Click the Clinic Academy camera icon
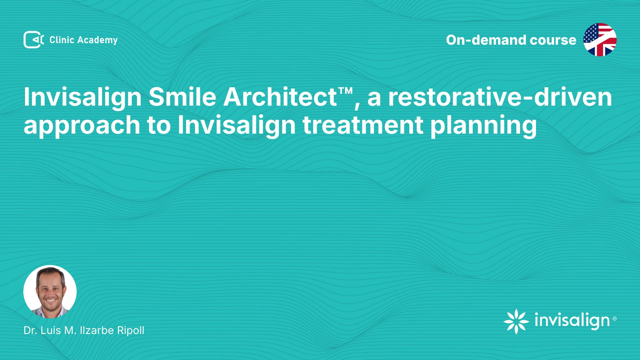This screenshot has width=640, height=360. point(34,40)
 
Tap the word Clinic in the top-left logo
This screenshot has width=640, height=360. point(62,40)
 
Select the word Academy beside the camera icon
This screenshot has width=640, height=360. point(98,40)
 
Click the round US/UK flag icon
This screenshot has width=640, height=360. point(600,40)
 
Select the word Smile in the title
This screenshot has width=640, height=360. point(183,97)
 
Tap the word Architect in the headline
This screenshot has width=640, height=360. point(280,97)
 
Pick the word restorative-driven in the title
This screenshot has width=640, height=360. point(500,97)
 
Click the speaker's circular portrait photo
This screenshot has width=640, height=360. point(50,292)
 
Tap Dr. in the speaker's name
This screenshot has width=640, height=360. point(30,330)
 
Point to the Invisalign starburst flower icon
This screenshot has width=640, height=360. point(516,321)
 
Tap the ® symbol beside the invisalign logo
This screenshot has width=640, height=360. point(615,319)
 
